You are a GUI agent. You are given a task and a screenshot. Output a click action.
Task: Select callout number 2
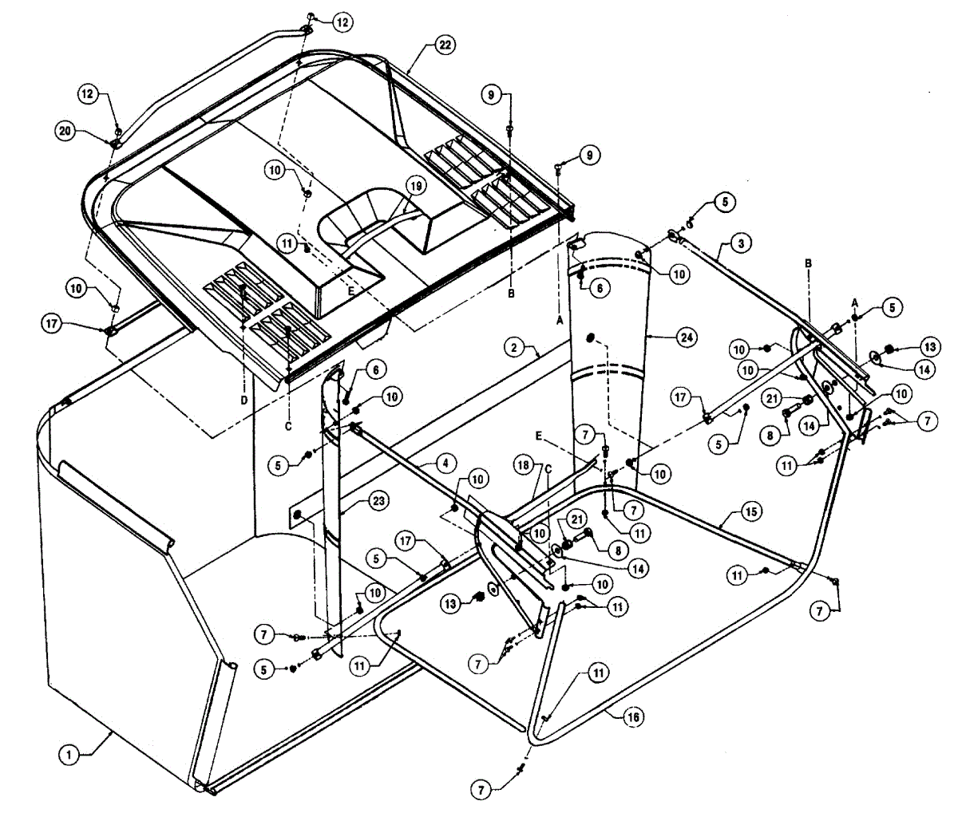[515, 346]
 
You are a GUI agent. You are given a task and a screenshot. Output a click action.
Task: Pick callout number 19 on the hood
[416, 186]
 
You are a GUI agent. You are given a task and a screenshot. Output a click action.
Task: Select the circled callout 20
[67, 130]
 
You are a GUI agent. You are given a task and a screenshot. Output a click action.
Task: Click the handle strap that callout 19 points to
[375, 231]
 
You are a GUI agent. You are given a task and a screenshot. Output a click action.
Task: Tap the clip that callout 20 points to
[114, 144]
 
